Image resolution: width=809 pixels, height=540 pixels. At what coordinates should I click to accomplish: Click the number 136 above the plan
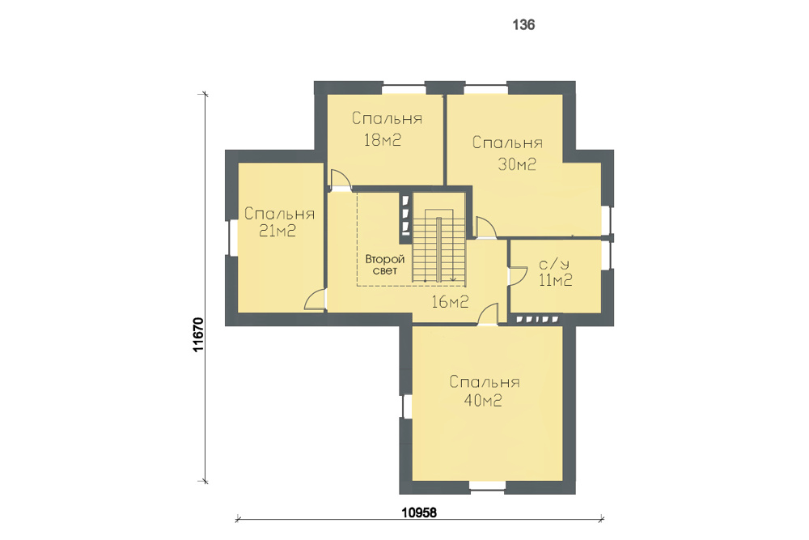(523, 25)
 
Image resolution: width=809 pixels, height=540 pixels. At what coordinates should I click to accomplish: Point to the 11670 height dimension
(199, 334)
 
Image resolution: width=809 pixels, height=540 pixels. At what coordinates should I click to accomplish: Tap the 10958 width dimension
(419, 512)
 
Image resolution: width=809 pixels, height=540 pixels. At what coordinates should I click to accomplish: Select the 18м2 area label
(383, 140)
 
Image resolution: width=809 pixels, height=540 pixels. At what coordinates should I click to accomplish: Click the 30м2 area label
(517, 164)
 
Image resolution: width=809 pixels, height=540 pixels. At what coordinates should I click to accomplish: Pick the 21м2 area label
(277, 231)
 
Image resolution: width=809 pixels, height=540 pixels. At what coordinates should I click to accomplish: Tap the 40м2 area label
(483, 400)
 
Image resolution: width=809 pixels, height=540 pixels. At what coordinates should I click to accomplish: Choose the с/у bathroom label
(555, 264)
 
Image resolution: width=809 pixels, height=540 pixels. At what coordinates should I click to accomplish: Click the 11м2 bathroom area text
(556, 280)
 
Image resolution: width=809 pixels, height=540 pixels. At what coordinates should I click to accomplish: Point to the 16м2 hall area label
(450, 301)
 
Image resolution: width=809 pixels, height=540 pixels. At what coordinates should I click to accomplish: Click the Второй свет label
(385, 264)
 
